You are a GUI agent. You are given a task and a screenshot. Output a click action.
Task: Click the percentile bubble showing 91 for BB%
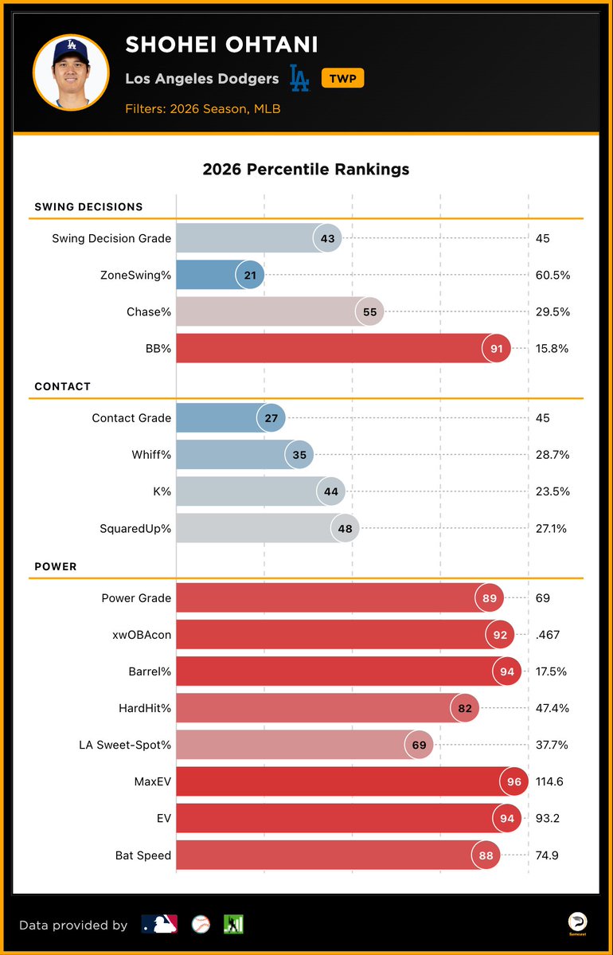click(x=496, y=348)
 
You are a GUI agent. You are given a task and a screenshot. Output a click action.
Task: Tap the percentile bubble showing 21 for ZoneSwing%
click(x=250, y=276)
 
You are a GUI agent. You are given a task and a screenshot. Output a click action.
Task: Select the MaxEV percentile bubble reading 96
click(x=514, y=781)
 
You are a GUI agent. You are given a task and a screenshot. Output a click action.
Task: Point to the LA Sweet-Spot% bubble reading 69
click(x=419, y=745)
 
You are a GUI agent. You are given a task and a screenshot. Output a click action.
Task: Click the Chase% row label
click(x=149, y=312)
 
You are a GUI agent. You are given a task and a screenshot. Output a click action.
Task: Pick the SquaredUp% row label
click(x=135, y=529)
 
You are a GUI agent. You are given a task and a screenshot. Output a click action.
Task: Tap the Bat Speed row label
click(x=143, y=855)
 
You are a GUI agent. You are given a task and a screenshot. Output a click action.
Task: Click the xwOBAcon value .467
click(x=548, y=635)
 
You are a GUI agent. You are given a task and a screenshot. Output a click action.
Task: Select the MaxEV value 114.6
click(x=549, y=781)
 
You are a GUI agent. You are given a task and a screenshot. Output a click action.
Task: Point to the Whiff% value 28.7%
click(x=552, y=454)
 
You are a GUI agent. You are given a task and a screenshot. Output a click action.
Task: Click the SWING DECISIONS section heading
click(x=89, y=206)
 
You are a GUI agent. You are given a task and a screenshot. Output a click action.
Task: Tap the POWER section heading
click(x=56, y=566)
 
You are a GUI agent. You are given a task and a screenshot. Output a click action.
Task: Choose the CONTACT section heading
click(x=63, y=386)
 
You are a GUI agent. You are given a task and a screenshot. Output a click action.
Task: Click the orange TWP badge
click(x=342, y=78)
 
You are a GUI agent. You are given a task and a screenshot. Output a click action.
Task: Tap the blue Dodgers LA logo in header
click(x=299, y=78)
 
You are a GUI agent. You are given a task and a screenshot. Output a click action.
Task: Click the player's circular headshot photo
click(x=71, y=72)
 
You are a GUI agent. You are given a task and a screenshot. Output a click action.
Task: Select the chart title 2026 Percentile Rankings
click(x=306, y=170)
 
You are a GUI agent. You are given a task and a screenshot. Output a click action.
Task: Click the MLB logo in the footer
click(x=159, y=924)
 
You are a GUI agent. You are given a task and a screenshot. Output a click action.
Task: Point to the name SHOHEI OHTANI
click(x=221, y=45)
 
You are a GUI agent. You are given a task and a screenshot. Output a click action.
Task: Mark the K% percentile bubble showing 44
click(x=331, y=491)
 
